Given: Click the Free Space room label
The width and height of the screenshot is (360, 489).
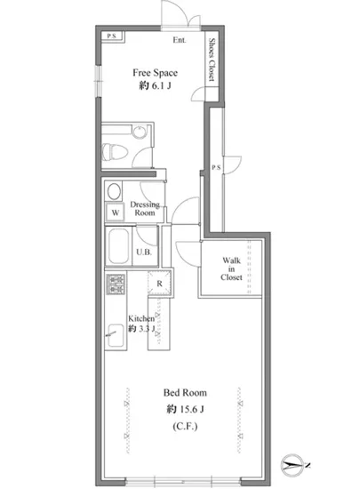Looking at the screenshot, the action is tap(156, 73).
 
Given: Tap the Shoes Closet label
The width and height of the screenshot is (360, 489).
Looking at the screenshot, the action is tap(212, 60).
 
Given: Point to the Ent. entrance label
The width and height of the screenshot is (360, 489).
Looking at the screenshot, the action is tap(180, 40).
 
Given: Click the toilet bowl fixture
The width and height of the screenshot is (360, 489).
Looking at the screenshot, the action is tap(115, 152).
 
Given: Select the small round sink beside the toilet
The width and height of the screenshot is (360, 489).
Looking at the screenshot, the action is tap(140, 132).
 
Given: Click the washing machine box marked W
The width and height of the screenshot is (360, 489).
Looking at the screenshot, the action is tap(116, 212).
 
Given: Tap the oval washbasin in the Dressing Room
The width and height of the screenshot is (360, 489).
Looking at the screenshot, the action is tap(114, 191).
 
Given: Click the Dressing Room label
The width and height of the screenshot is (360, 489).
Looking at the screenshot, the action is tap(145, 209).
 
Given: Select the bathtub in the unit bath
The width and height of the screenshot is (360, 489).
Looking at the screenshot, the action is tap(118, 246).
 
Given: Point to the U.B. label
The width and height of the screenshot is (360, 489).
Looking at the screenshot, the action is tap(144, 252).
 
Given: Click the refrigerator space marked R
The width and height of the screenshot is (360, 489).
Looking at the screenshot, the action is tap(160, 283).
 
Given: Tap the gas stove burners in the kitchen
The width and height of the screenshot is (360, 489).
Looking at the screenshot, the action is tap(116, 285).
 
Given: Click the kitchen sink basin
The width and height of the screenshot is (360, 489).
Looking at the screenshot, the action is tap(116, 335).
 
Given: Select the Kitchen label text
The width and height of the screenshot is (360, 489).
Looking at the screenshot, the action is tap(141, 318).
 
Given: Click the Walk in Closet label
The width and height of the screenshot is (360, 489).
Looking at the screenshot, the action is tap(231, 269).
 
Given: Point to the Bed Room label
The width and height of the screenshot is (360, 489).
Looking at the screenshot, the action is tap(185, 392).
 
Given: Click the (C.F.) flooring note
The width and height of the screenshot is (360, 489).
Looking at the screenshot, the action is tap(185, 426).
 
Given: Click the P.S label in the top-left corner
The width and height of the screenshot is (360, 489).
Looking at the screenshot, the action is tap(112, 36).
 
